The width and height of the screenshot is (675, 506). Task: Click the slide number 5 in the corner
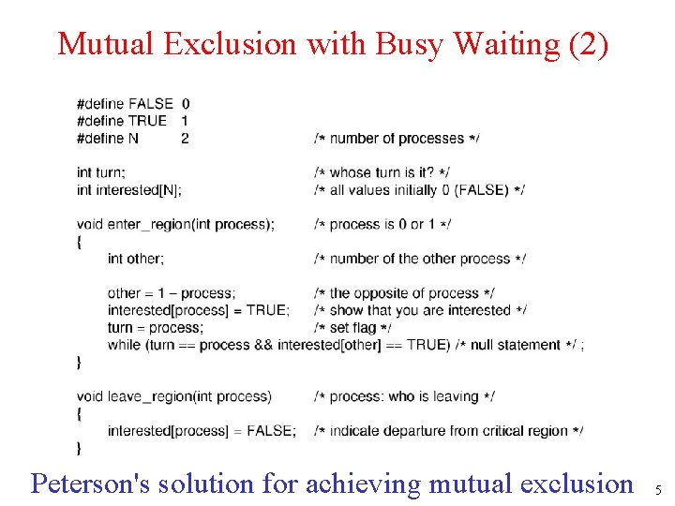658,490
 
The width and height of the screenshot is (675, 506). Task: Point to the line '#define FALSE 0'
132,103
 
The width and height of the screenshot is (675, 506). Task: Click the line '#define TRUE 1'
132,121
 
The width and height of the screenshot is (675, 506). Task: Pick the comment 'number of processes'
397,139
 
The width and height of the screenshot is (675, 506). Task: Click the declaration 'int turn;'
101,172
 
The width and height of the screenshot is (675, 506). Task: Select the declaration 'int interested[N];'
129,190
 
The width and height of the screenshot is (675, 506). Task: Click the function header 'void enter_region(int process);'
175,224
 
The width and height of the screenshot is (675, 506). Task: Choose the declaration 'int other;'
136,259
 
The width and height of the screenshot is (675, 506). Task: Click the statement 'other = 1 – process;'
172,293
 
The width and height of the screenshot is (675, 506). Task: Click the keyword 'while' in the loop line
124,345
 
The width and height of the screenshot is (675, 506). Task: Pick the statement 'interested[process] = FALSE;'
202,431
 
